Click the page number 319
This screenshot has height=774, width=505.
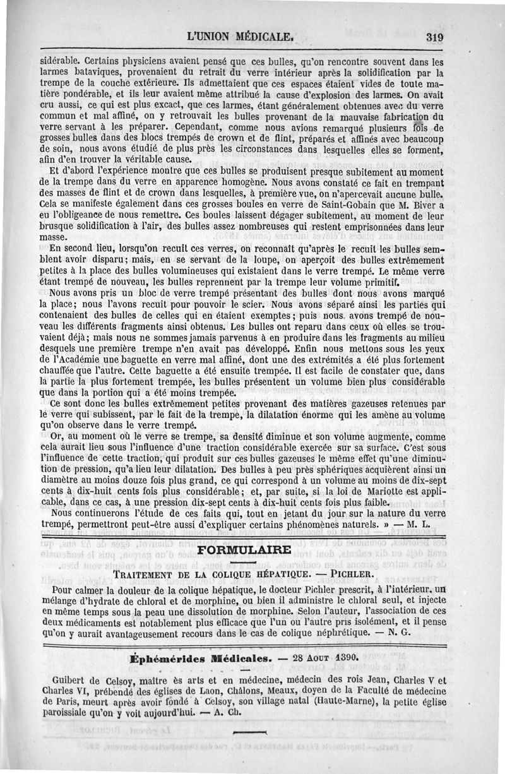434,37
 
